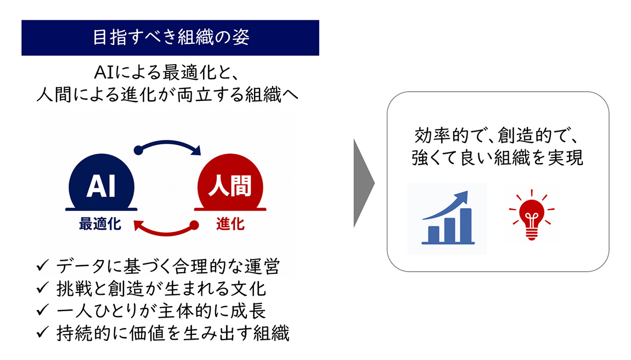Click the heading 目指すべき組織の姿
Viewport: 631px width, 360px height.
pyautogui.click(x=171, y=37)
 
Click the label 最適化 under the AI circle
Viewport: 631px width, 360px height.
pyautogui.click(x=100, y=224)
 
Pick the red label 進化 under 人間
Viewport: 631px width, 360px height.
pyautogui.click(x=230, y=224)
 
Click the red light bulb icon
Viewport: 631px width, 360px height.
pyautogui.click(x=531, y=215)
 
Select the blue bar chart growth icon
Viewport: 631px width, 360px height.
pyautogui.click(x=448, y=218)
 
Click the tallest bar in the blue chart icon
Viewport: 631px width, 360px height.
pyautogui.click(x=466, y=226)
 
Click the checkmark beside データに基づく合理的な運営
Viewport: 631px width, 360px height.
pyautogui.click(x=42, y=266)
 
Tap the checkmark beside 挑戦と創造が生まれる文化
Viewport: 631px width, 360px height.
pyautogui.click(x=42, y=288)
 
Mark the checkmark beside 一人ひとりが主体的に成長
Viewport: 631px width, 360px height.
pyautogui.click(x=42, y=310)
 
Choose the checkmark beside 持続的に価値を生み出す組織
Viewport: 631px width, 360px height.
pyautogui.click(x=42, y=333)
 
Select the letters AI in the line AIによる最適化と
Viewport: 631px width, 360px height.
pyautogui.click(x=104, y=72)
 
